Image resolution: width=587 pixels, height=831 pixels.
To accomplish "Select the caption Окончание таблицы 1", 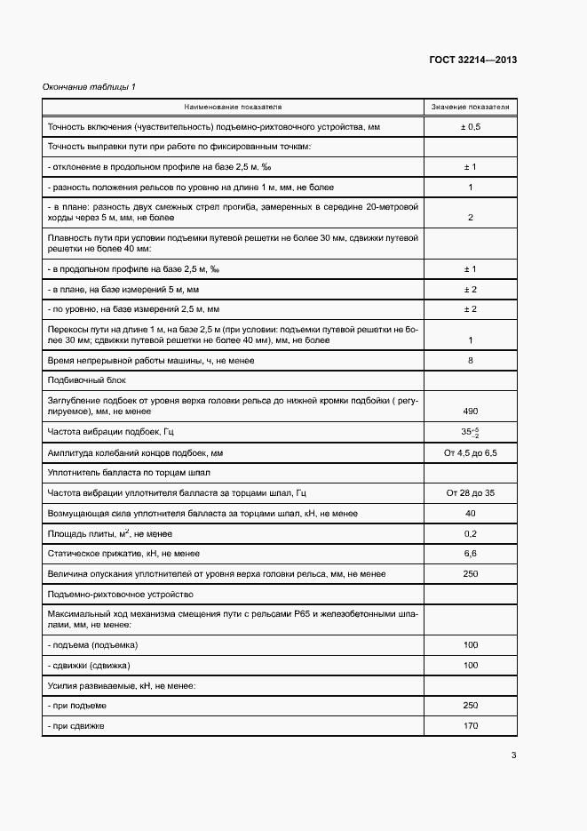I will (90, 86).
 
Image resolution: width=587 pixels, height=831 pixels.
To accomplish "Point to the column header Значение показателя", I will (470, 107).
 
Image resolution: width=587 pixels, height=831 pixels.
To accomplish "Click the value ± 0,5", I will (470, 127).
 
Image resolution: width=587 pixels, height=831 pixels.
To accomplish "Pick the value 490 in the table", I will (470, 411).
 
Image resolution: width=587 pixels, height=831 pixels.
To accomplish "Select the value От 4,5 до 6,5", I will (470, 452).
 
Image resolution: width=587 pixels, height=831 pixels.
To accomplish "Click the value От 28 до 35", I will (470, 492).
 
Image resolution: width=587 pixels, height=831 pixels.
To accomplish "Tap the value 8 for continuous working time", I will (470, 360).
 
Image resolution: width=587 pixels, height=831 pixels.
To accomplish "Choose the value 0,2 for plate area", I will (470, 533).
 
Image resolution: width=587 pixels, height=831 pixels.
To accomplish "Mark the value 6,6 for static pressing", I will (470, 553).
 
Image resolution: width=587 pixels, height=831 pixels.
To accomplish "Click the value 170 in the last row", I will (470, 725).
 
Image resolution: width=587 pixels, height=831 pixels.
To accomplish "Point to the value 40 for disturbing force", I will (470, 513).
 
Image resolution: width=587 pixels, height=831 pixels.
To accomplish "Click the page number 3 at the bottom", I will (513, 755).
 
